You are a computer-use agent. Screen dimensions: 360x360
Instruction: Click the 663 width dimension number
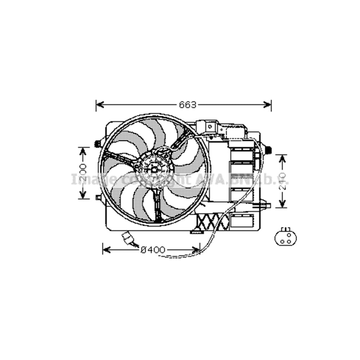[188, 105]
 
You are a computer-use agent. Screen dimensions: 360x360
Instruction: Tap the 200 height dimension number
[83, 173]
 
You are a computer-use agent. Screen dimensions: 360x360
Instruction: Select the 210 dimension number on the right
[283, 181]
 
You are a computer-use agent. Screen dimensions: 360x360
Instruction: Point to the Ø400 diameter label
[153, 249]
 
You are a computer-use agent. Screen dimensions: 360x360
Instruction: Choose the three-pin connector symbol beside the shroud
[285, 237]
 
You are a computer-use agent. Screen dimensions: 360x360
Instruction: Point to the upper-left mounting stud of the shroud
[97, 144]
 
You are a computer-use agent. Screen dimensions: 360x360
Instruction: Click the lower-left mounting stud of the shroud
[98, 197]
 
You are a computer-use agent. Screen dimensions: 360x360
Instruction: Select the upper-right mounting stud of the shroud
[268, 149]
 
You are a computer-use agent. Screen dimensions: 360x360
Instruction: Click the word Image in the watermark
[87, 179]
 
